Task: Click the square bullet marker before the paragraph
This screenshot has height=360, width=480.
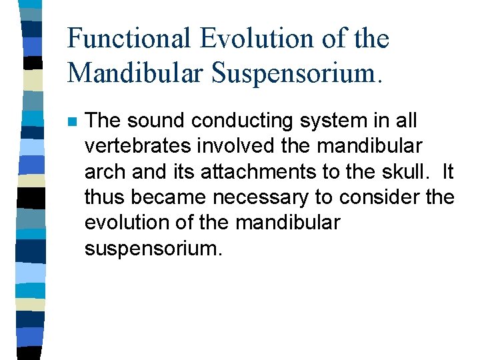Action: point(72,122)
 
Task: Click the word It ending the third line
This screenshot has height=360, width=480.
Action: point(446,172)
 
